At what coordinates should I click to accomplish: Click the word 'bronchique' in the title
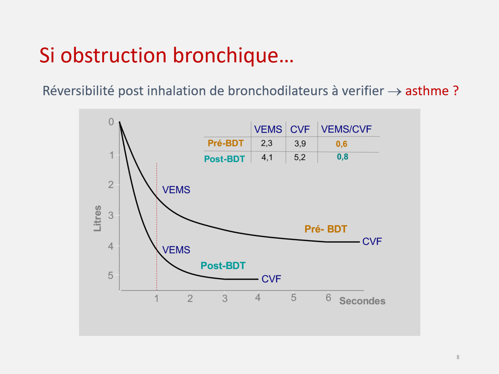click(x=233, y=56)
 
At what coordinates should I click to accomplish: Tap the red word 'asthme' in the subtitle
click(x=427, y=91)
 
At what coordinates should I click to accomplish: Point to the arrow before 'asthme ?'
click(x=394, y=92)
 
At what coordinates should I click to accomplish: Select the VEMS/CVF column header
click(x=346, y=129)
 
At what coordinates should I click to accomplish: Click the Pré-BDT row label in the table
click(x=226, y=143)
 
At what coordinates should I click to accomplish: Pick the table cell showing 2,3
click(x=267, y=143)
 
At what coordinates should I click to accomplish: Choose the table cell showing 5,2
click(x=300, y=157)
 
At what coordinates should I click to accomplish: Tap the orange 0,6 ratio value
click(x=342, y=144)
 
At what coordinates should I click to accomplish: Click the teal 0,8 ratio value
click(x=342, y=157)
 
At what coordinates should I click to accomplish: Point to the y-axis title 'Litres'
click(x=97, y=219)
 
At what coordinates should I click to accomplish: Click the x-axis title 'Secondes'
click(x=362, y=301)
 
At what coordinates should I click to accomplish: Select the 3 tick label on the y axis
click(x=111, y=215)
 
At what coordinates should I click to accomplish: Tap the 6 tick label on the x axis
click(x=328, y=298)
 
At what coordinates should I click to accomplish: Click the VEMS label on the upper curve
click(x=176, y=190)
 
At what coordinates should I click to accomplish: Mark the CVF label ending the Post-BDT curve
click(x=271, y=279)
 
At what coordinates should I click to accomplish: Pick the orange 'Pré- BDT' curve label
click(x=326, y=229)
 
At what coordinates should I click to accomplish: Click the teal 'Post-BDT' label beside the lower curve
click(x=223, y=266)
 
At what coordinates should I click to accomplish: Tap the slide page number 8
click(x=458, y=357)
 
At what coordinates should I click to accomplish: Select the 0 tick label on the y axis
click(x=111, y=122)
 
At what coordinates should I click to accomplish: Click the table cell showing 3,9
click(x=300, y=144)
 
